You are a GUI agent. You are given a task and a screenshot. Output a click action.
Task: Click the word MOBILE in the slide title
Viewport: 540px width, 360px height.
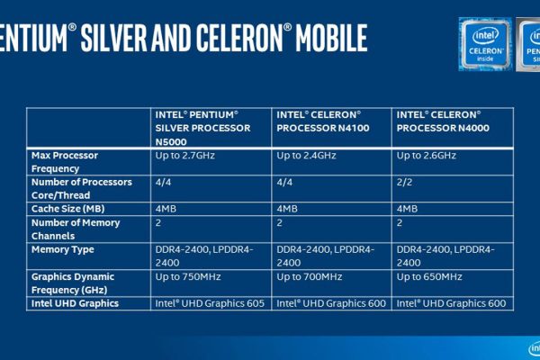coord(331,38)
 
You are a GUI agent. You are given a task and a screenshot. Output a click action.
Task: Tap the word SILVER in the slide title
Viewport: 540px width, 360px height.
coord(113,38)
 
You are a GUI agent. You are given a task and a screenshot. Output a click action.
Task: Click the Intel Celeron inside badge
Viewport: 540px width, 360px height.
coord(485,44)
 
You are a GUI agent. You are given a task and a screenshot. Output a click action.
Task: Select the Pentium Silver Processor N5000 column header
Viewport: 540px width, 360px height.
coord(202,128)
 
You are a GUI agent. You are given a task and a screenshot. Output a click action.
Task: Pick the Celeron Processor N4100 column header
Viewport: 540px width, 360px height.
coord(323,121)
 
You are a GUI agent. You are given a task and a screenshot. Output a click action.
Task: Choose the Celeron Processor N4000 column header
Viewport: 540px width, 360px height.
coord(443,121)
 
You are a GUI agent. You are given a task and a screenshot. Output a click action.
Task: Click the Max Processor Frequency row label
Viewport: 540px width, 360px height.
coord(65,162)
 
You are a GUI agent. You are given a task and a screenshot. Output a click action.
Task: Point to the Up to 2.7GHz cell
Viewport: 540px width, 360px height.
coord(184,156)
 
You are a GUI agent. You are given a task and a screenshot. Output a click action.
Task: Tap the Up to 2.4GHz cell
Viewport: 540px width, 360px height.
coord(306,156)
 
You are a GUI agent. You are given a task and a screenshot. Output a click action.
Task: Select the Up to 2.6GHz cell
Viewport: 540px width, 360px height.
coord(427,156)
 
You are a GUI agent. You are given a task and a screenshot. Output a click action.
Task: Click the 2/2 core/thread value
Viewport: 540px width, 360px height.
coord(404,182)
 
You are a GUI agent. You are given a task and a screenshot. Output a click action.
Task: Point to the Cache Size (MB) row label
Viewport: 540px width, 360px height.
coord(67,209)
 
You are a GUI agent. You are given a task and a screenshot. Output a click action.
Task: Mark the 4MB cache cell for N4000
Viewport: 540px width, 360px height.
coord(407,209)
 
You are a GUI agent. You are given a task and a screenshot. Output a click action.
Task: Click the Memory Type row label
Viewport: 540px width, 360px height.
coord(63,249)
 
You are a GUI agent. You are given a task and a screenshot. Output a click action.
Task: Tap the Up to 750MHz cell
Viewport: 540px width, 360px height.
coord(188,276)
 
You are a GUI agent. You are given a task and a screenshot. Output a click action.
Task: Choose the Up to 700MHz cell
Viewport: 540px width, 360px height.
coord(310,276)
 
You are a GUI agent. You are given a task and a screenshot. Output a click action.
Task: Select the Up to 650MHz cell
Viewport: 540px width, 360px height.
coord(429,276)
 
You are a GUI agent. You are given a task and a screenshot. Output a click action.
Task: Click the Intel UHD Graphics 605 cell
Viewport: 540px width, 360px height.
coord(210,303)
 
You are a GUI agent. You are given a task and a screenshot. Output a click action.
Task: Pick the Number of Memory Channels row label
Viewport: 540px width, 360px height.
coord(76,229)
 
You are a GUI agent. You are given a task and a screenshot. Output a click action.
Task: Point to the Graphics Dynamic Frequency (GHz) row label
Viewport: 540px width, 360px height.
coord(73,283)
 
